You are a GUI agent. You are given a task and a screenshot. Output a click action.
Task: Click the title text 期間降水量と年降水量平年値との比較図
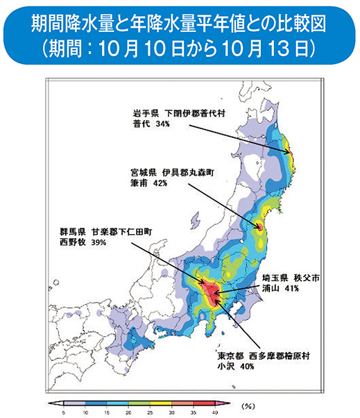click(179, 26)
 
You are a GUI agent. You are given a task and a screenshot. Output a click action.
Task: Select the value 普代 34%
click(151, 124)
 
